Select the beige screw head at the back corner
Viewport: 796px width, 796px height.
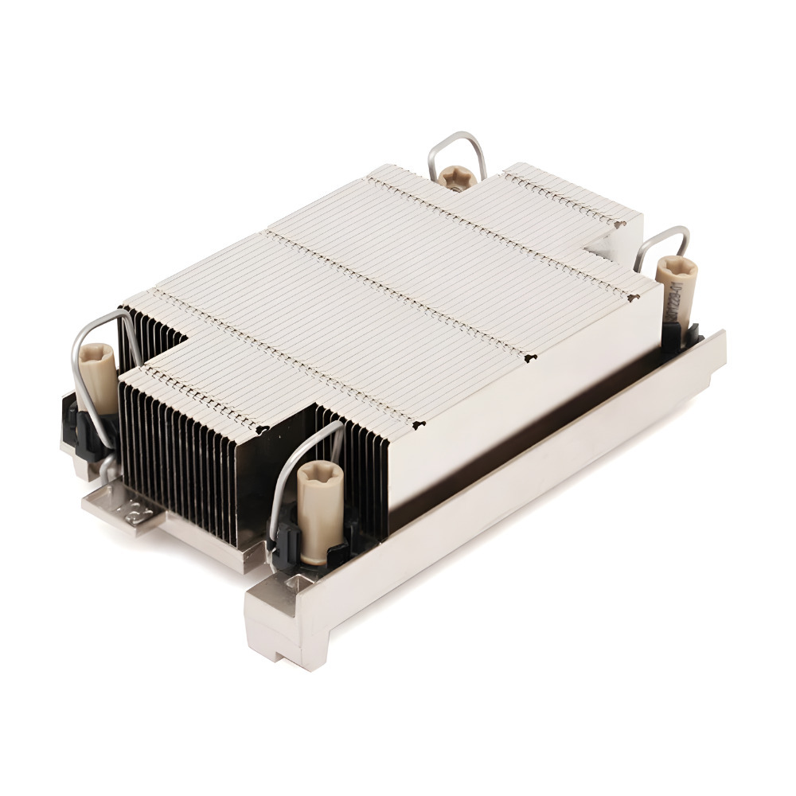coord(458,176)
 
